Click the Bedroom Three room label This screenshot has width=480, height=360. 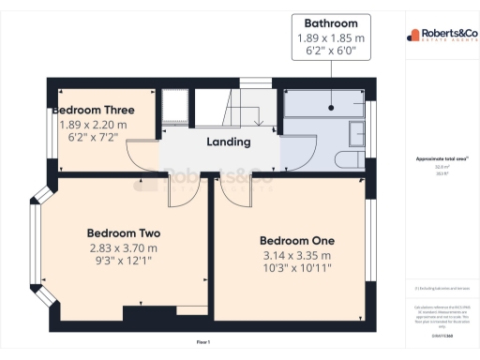pyautogui.click(x=93, y=110)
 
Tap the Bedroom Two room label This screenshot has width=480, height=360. pyautogui.click(x=123, y=232)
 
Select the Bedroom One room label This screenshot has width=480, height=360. pyautogui.click(x=296, y=240)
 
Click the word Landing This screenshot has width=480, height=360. pyautogui.click(x=228, y=142)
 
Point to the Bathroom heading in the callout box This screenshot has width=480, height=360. pyautogui.click(x=329, y=23)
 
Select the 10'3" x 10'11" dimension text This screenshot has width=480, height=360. pyautogui.click(x=296, y=269)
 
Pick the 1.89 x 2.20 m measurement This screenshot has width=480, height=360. pyautogui.click(x=93, y=124)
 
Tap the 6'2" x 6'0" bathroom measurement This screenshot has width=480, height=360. pyautogui.click(x=329, y=52)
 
